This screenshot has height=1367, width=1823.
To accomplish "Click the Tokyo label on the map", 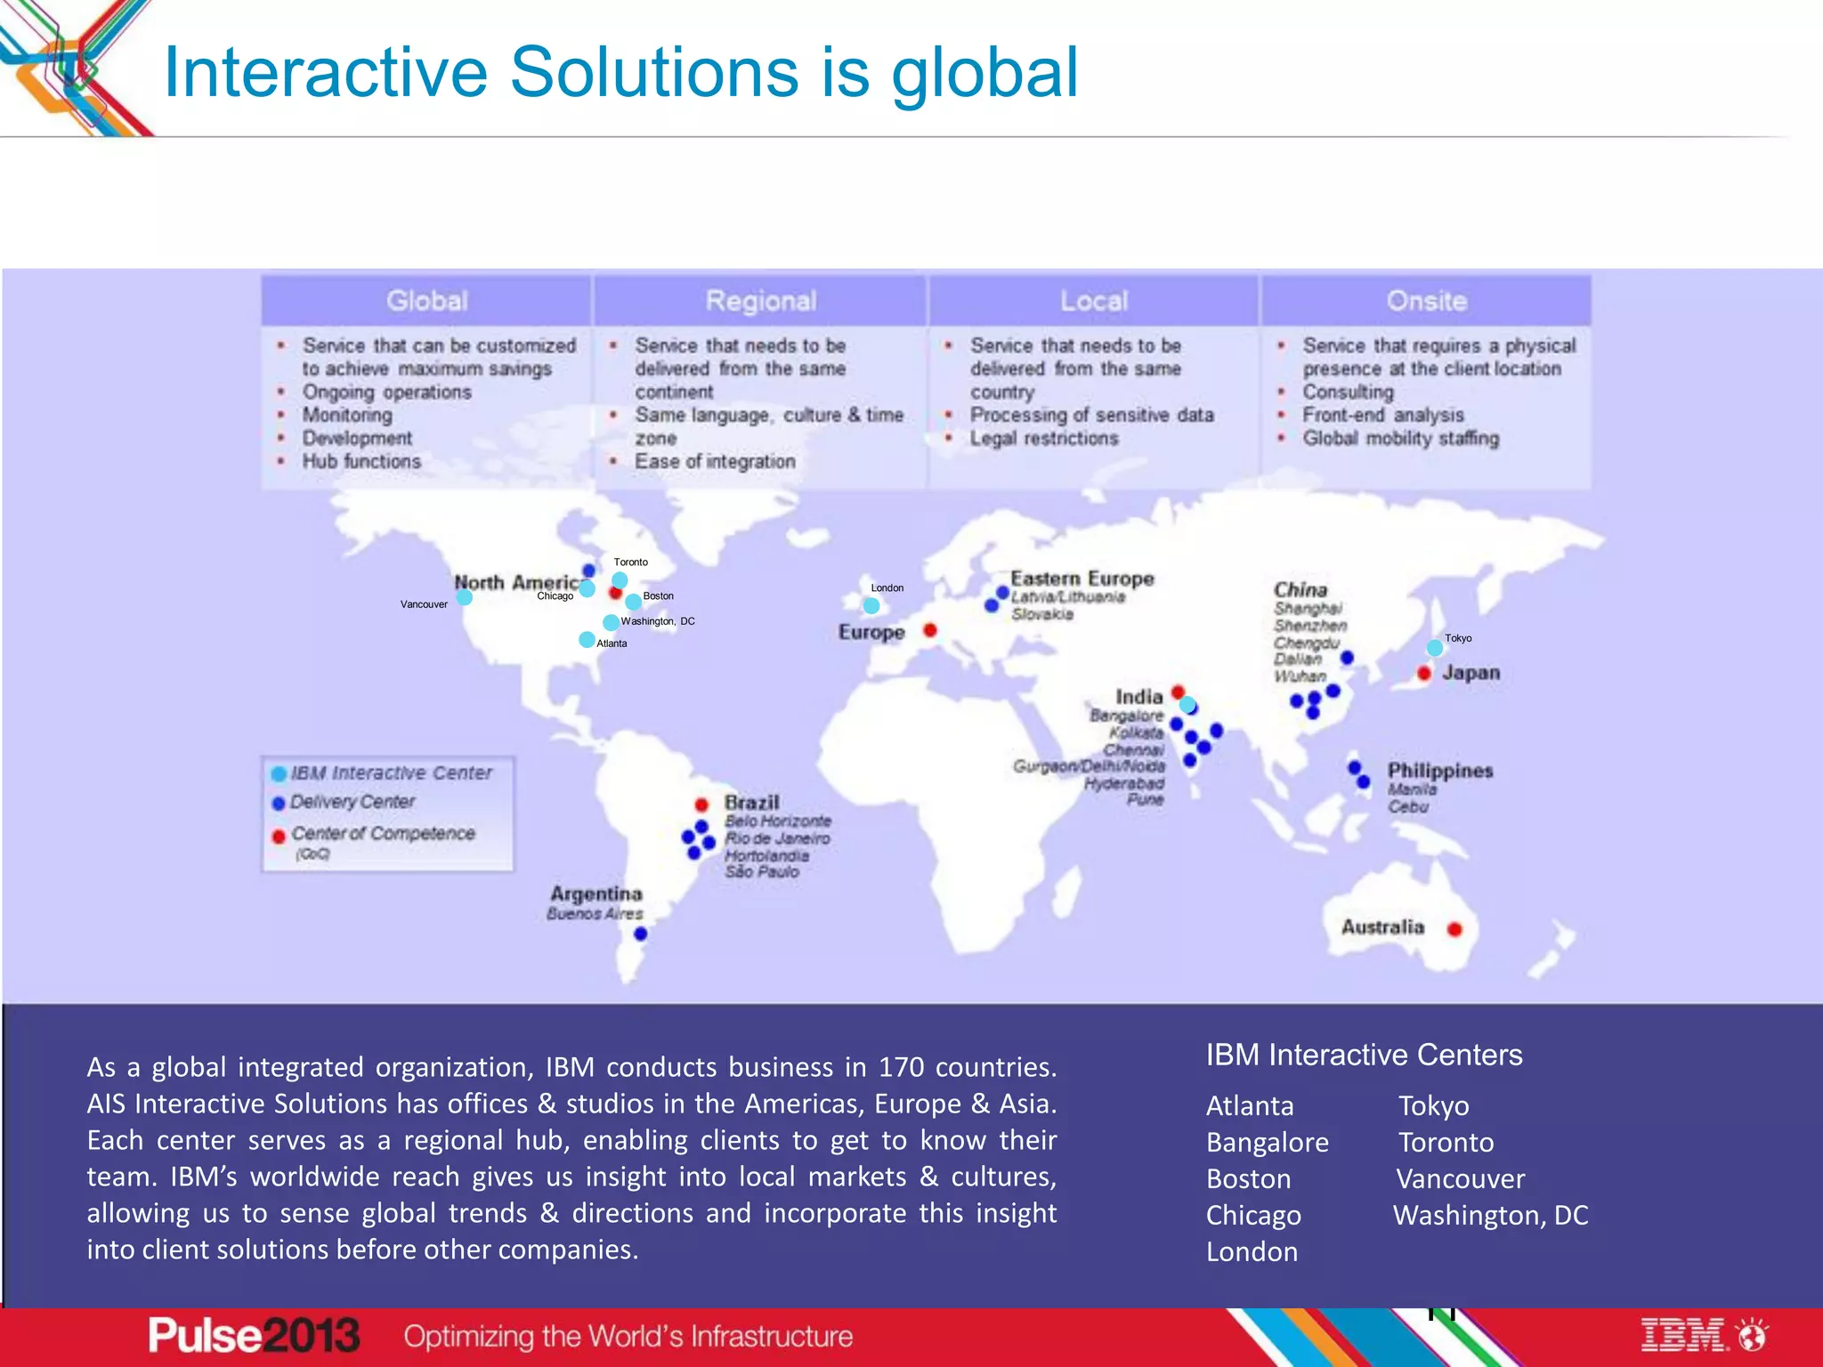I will [1457, 638].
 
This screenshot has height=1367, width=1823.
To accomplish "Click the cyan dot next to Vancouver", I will [465, 597].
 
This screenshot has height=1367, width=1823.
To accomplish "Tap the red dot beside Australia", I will [1454, 929].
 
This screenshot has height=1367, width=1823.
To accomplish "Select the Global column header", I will [426, 301].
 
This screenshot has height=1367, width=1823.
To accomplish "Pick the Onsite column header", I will [1426, 301].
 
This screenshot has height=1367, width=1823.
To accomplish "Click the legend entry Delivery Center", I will [352, 802].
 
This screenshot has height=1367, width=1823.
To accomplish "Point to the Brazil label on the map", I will [751, 802].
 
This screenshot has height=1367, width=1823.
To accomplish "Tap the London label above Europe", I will [887, 587].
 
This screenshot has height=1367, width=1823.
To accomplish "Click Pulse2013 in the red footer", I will [254, 1335].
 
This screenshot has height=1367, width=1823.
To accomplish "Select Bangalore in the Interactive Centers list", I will [1267, 1142].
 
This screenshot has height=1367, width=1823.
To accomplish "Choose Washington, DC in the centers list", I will [1490, 1215].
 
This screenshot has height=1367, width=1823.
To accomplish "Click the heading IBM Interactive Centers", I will [1364, 1055].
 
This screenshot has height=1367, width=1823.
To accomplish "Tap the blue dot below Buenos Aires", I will [640, 934].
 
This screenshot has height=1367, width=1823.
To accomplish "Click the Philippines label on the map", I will [1439, 770].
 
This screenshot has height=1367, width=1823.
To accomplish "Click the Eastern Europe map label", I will [1082, 578].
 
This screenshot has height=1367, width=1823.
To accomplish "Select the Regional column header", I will [760, 301].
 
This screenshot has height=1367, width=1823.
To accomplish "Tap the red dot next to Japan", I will [1424, 673].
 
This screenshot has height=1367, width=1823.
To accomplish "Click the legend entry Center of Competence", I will [383, 834].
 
